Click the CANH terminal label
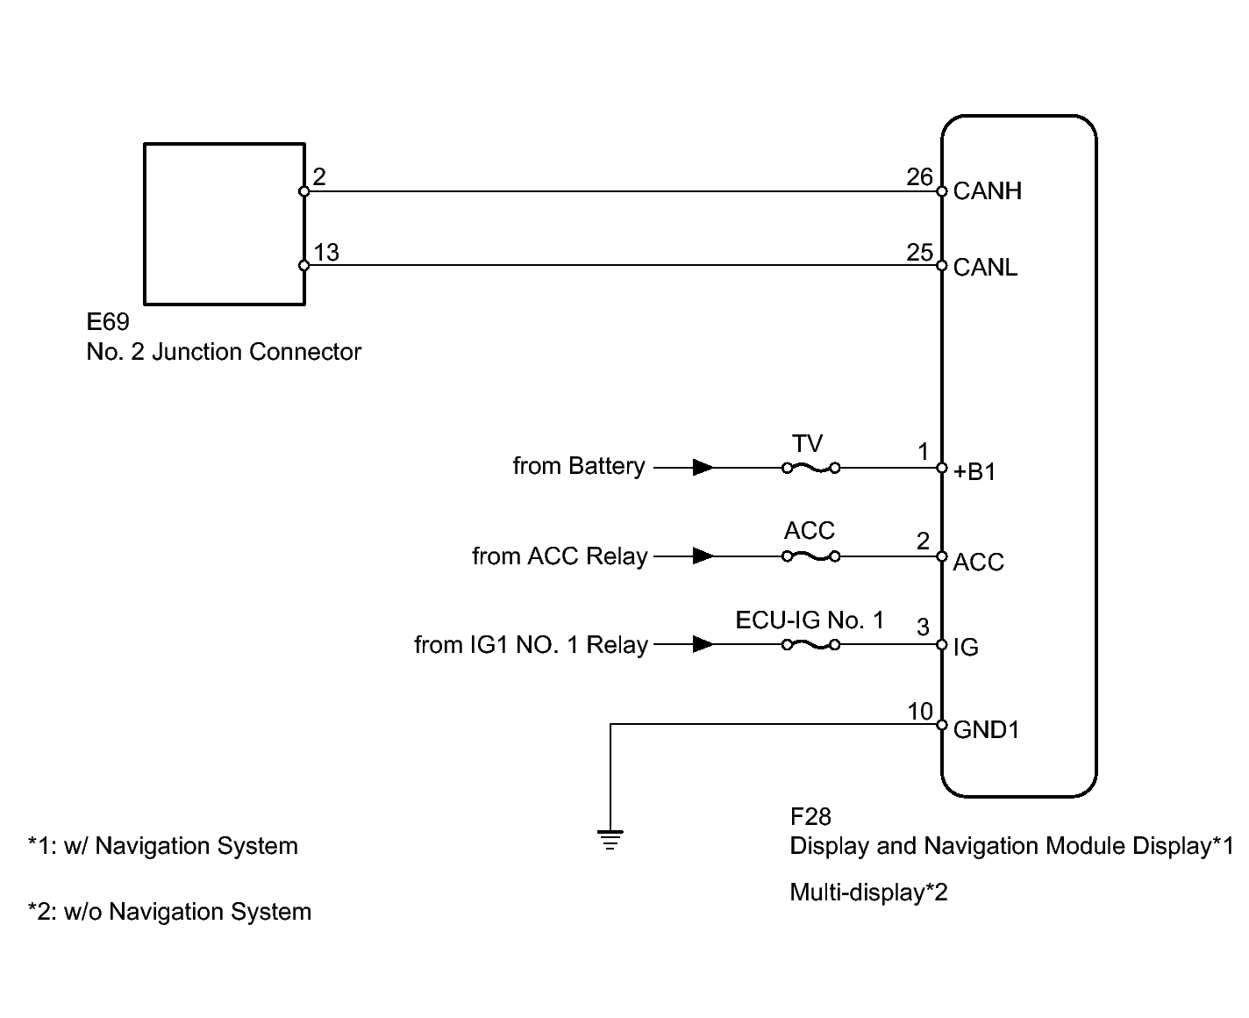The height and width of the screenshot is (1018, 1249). click(987, 191)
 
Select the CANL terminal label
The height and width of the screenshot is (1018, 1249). click(985, 268)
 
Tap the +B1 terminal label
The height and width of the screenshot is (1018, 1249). click(974, 472)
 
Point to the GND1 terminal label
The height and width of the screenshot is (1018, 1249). click(986, 729)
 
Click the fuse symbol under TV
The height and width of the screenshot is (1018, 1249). click(811, 468)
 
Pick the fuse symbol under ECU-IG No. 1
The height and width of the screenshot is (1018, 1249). click(811, 645)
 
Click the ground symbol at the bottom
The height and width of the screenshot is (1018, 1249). click(610, 840)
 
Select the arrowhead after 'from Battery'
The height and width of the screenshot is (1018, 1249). click(703, 468)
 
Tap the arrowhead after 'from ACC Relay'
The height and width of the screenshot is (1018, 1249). click(703, 556)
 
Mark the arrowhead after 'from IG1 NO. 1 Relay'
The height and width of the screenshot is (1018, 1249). click(703, 644)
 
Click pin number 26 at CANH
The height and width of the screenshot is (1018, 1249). click(919, 176)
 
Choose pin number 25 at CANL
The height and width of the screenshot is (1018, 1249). click(919, 252)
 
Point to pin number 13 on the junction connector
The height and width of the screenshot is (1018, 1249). click(326, 253)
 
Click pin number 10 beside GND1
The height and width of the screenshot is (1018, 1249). click(920, 712)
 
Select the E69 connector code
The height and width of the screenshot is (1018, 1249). click(108, 321)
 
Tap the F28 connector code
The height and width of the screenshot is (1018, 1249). click(810, 817)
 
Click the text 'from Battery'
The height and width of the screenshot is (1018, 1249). click(579, 466)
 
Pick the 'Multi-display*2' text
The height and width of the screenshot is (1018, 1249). click(868, 893)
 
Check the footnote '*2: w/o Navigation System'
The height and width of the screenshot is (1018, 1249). click(169, 912)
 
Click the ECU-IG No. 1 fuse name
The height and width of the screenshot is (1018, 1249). click(810, 620)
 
